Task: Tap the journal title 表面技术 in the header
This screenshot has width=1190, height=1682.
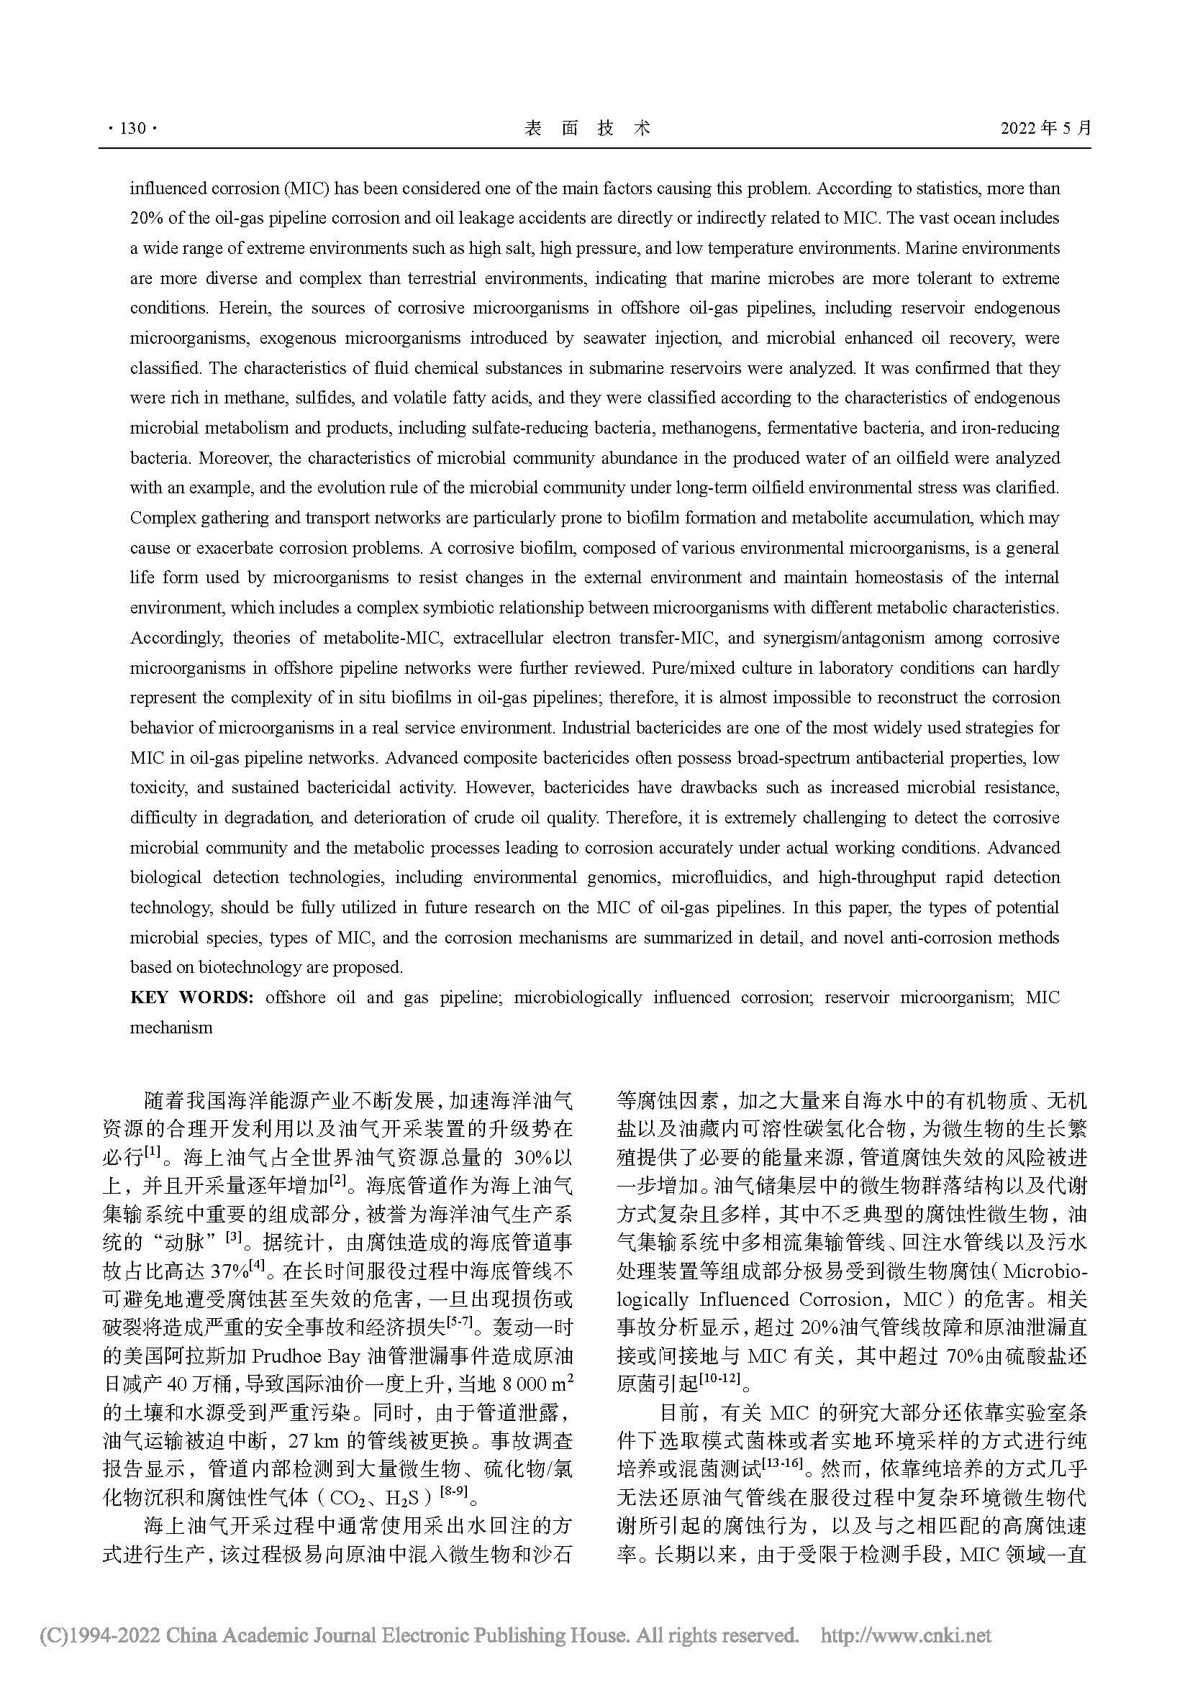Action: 587,129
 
